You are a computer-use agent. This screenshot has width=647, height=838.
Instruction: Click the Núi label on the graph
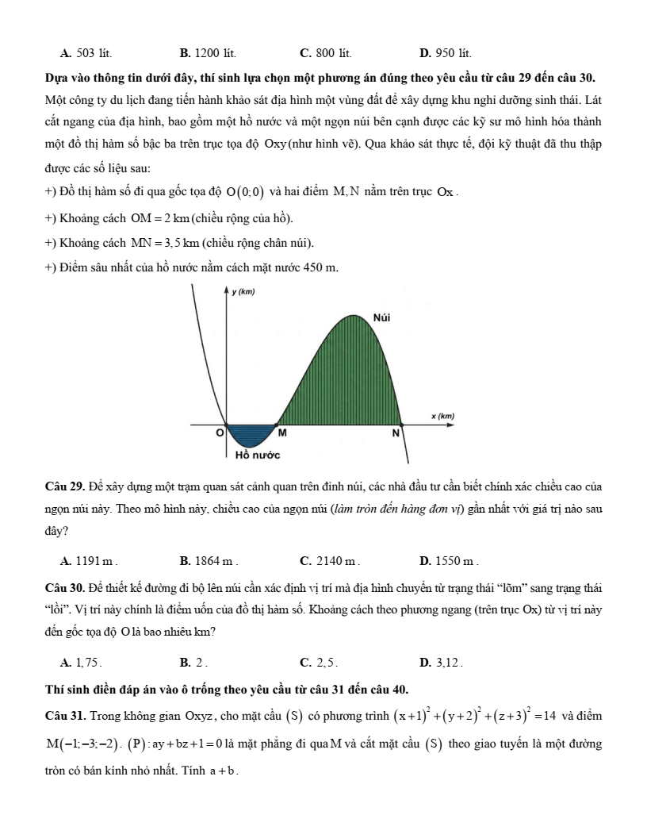[x=383, y=317]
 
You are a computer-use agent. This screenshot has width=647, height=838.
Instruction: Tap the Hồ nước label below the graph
[x=258, y=456]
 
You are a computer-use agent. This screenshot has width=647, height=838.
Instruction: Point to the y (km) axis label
[x=243, y=292]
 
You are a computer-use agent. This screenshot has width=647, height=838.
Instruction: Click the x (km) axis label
[x=442, y=415]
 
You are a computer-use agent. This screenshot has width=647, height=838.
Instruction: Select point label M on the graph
[x=281, y=433]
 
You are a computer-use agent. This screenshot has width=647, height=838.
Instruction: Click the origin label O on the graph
[x=220, y=433]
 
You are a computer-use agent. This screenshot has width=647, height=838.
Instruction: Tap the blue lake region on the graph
[x=249, y=435]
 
